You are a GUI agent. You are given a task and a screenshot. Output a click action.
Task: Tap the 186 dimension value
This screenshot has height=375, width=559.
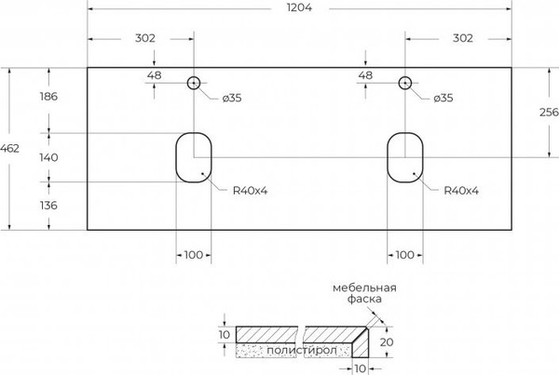point(48,97)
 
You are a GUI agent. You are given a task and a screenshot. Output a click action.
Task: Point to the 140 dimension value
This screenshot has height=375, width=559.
point(48,157)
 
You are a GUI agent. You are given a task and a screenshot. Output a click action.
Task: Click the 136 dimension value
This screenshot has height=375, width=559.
point(48,205)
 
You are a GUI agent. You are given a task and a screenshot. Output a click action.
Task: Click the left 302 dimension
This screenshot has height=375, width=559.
point(144,38)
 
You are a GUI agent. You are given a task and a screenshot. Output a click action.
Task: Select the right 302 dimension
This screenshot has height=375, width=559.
point(462,38)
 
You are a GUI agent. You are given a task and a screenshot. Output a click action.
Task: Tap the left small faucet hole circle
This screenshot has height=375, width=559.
point(194,83)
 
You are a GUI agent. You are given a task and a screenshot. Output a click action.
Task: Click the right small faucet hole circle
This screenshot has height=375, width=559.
point(405,83)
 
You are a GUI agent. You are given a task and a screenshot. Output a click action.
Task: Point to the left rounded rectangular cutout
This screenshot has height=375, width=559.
point(194,157)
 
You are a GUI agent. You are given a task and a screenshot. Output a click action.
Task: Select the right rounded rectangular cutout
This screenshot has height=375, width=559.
point(405,157)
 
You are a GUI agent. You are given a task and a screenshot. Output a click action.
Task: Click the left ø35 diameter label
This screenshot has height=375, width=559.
point(232,98)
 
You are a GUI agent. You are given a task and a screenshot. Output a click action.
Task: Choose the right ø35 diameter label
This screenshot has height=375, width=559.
point(441,98)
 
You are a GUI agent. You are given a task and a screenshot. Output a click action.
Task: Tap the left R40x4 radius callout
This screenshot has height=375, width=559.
point(251,191)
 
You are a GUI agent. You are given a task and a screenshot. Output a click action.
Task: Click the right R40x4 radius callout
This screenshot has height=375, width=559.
point(460,191)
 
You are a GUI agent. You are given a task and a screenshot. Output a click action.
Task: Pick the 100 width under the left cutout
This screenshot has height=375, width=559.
point(194,254)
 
